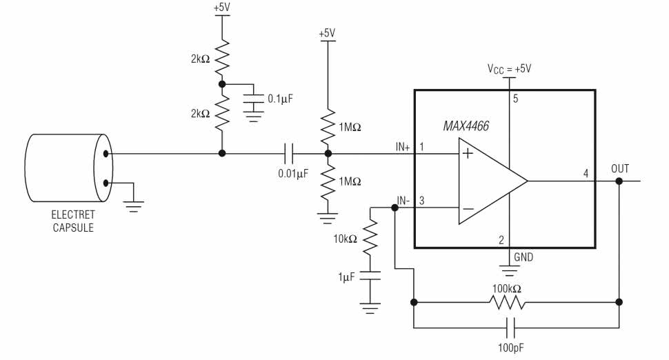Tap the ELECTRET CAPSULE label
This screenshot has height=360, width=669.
[x=73, y=221]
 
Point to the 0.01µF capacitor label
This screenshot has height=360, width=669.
[x=293, y=174]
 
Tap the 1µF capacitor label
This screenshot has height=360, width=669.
[x=347, y=276]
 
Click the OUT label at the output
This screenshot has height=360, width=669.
[x=620, y=168]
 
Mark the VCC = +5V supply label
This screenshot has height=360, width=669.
[x=510, y=68]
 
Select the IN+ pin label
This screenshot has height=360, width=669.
[x=403, y=146]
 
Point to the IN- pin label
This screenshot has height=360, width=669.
[x=403, y=201]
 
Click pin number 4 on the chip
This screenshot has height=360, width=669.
[x=586, y=173]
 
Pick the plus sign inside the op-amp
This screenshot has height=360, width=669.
[x=468, y=154]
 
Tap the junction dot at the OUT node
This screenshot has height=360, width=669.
[x=619, y=181]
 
